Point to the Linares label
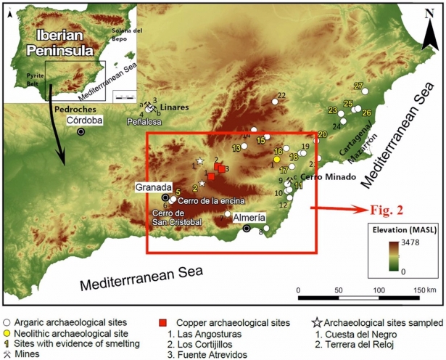tap(175, 106)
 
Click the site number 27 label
tap(358, 86)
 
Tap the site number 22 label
tap(281, 96)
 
